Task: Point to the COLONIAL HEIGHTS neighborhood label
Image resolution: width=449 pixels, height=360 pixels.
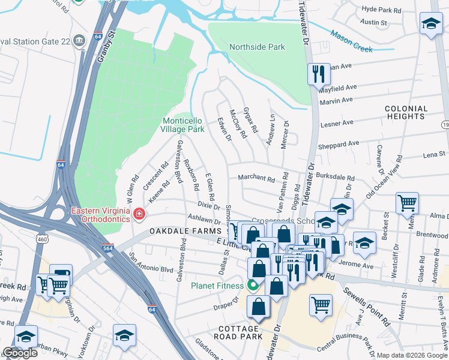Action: pyautogui.click(x=406, y=113)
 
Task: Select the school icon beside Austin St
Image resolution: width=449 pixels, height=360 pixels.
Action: pyautogui.click(x=430, y=24)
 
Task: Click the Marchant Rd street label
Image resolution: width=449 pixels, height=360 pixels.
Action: pyautogui.click(x=256, y=179)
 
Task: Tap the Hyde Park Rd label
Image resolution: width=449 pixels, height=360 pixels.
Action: pyautogui.click(x=382, y=11)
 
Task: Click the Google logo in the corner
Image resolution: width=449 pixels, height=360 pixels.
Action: pyautogui.click(x=20, y=353)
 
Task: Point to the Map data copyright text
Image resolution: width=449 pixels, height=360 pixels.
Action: pyautogui.click(x=412, y=355)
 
